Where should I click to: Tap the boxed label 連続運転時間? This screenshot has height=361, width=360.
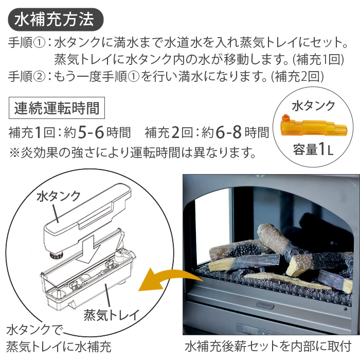57,109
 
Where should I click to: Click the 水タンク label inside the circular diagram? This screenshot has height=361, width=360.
59,196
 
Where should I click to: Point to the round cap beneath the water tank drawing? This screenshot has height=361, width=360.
53,254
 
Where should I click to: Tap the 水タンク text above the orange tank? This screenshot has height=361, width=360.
313,106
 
